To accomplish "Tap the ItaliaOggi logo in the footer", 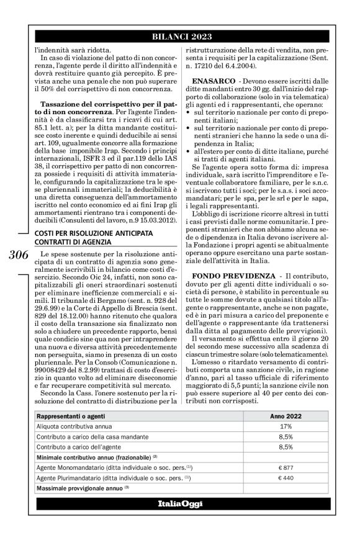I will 179,502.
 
